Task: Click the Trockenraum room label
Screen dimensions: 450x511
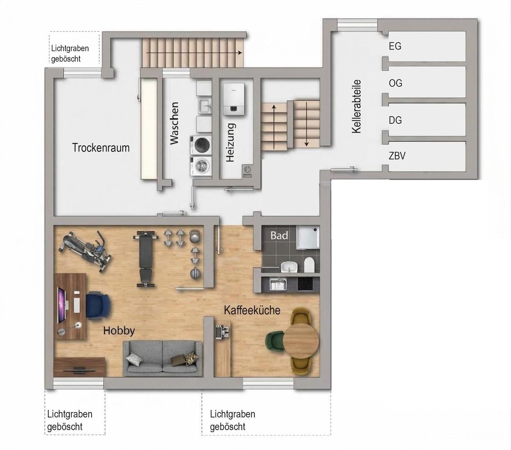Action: tap(101, 147)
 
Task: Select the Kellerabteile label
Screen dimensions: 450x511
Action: tap(356, 107)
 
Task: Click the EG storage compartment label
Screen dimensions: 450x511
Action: tap(395, 46)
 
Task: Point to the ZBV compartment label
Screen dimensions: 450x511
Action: tap(397, 156)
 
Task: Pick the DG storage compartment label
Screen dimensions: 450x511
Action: tap(395, 120)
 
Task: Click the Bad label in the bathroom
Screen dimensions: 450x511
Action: tap(279, 235)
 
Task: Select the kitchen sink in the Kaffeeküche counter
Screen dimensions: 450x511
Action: tap(278, 284)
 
